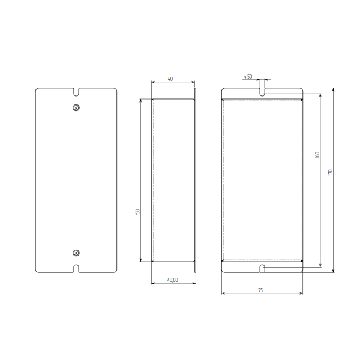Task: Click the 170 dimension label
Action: coord(331,172)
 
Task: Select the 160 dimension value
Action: coord(317,155)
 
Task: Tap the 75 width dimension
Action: coord(260,290)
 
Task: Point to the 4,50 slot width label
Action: coord(248,76)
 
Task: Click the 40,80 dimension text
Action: coord(172,280)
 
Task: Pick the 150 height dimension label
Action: coord(137,212)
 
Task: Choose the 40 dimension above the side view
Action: coord(170,79)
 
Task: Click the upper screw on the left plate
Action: coord(76,107)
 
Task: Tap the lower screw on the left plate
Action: coord(76,253)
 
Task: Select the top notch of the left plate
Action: coord(76,92)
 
